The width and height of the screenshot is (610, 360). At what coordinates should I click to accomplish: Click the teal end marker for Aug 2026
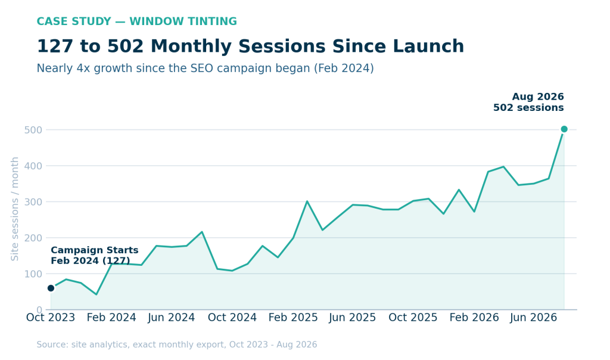564,129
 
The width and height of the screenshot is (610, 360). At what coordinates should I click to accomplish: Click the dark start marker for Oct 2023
51,288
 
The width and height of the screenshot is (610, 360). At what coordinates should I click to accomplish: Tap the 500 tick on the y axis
33,130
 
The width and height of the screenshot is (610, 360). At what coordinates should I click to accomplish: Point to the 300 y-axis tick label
33,202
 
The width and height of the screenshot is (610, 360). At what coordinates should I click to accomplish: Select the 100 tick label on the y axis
33,274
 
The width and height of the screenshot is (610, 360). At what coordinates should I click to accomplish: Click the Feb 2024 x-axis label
111,318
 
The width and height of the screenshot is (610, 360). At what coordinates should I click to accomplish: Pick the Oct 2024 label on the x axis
232,318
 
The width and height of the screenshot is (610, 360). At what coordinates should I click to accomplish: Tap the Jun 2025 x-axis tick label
353,318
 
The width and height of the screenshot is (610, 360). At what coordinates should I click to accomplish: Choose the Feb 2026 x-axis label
474,318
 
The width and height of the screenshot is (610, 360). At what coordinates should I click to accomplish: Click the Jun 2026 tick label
533,318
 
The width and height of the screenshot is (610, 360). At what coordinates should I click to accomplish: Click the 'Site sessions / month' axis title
15,209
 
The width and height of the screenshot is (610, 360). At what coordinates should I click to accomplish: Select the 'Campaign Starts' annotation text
95,250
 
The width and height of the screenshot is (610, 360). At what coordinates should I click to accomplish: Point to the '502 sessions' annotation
528,108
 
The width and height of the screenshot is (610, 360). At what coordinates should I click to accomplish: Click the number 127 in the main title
55,46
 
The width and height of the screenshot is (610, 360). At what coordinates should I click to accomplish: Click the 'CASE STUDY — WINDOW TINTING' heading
136,21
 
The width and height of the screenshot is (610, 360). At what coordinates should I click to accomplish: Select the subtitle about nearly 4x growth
205,69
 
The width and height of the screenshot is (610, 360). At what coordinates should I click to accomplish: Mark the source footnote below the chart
176,345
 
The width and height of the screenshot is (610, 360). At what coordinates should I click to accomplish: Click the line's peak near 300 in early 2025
307,201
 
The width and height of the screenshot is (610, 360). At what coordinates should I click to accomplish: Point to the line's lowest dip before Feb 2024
96,294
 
